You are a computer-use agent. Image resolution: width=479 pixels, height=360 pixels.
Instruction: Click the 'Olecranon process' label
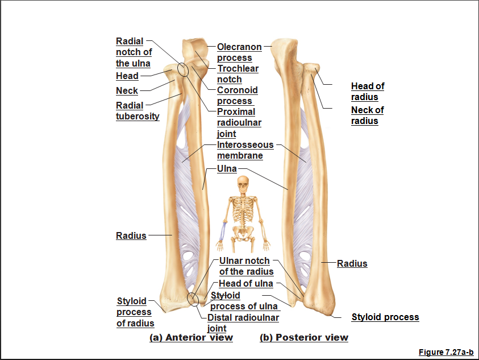click(x=239, y=52)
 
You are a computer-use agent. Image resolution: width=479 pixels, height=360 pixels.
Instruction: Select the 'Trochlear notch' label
click(x=238, y=74)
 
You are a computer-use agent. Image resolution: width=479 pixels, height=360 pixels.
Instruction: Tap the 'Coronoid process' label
click(x=238, y=96)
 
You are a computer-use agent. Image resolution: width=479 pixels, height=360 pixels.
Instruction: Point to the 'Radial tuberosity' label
click(x=138, y=111)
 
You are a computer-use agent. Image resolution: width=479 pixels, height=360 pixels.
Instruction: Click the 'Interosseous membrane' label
click(x=245, y=150)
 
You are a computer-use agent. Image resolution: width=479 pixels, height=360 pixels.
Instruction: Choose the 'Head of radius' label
click(x=368, y=92)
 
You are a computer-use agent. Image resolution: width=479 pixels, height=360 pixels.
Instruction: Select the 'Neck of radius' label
click(x=367, y=115)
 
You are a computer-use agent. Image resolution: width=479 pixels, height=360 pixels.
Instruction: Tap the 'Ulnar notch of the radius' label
click(x=245, y=266)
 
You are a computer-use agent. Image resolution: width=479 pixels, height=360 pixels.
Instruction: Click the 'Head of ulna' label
click(x=246, y=283)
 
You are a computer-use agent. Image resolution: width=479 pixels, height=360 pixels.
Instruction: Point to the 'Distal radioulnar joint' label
click(x=243, y=322)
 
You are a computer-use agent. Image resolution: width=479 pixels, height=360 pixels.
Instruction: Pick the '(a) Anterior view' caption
click(x=191, y=337)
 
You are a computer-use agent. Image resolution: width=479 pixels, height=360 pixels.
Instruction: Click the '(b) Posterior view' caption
click(x=304, y=337)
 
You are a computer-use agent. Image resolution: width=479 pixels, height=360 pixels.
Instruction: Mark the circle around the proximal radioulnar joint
click(x=183, y=69)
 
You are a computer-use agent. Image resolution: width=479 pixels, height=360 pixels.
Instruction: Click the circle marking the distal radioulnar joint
click(x=193, y=299)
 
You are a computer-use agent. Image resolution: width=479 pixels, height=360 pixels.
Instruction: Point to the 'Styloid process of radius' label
click(x=135, y=312)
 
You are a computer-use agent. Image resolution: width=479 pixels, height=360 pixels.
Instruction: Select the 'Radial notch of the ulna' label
click(x=134, y=52)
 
